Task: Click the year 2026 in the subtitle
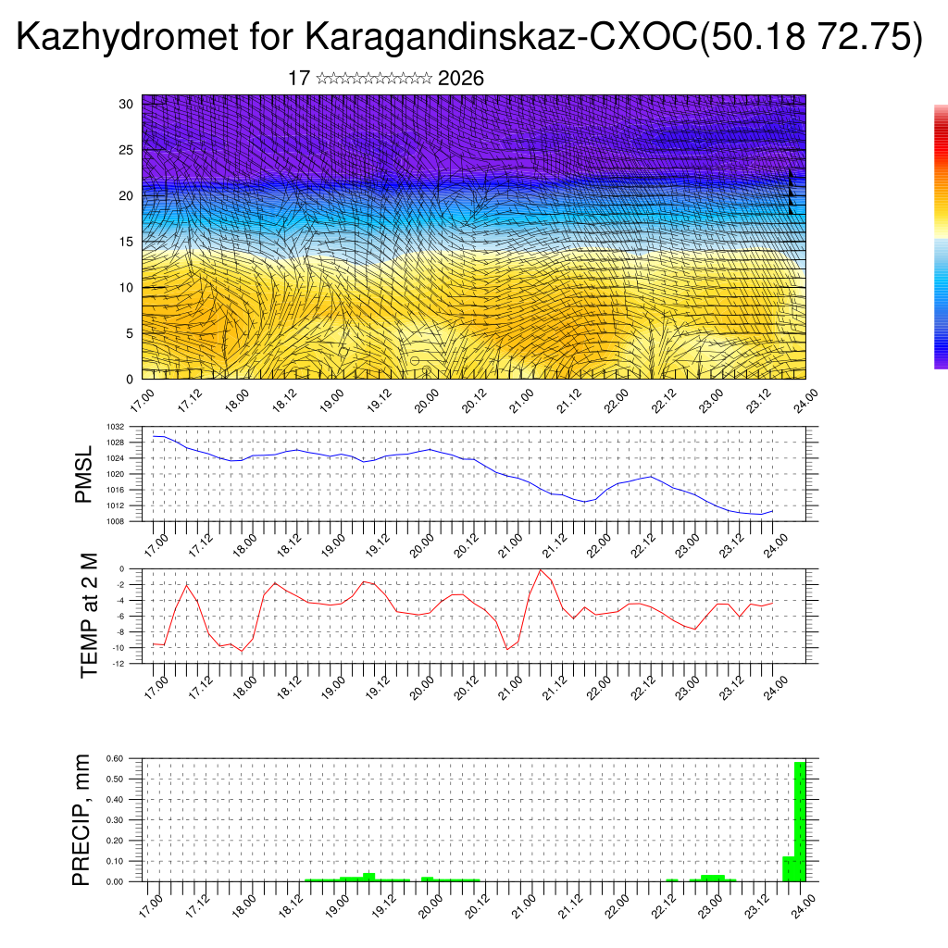coord(461,79)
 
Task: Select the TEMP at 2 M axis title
coord(89,615)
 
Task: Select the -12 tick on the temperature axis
coord(118,663)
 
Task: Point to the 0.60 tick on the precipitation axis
coord(115,758)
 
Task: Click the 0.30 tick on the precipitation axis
coord(115,820)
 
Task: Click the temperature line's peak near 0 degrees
coord(541,570)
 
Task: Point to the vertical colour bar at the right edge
coord(941,236)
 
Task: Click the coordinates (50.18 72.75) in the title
coord(812,38)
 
